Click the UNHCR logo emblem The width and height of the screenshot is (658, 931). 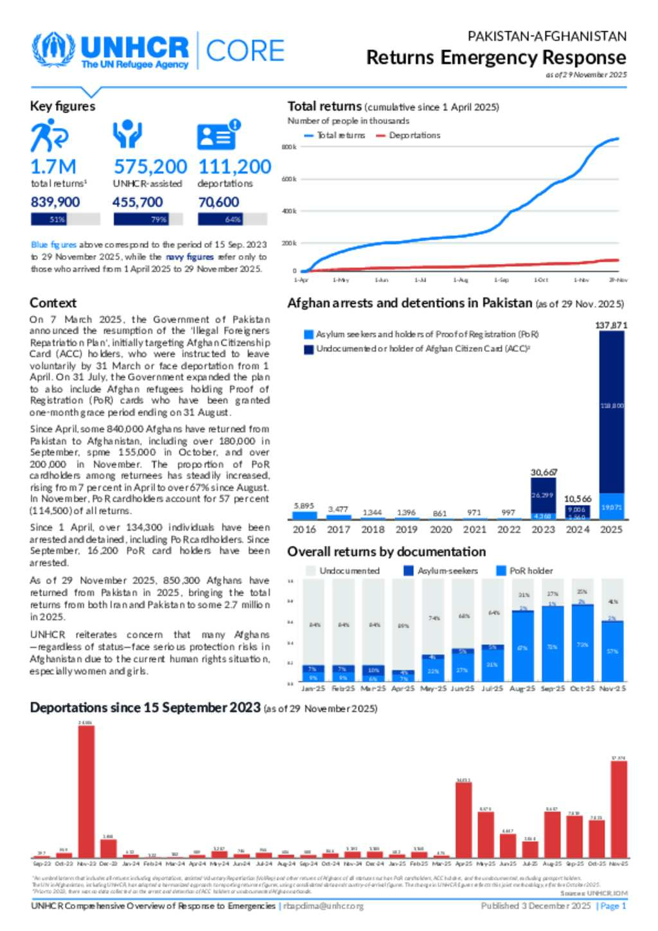coord(53,51)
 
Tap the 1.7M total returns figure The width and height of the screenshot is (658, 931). coord(53,167)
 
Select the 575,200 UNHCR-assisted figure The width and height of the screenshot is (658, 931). coord(150,167)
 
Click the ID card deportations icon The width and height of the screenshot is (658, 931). coord(217,135)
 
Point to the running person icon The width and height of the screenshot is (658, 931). coord(48,136)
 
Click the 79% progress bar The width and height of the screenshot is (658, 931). coord(148,220)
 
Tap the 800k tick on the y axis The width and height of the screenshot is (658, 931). coord(289,147)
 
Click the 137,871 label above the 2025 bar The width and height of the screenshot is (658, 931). coord(610,325)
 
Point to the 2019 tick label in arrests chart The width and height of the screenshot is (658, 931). coord(406,530)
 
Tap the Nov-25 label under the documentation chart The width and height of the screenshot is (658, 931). coord(612,689)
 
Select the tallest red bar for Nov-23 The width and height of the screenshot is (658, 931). coord(86,791)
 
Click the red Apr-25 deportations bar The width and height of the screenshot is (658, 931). coord(463,820)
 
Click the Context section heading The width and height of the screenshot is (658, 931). coord(53,303)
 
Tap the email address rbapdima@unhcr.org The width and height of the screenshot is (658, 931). coord(323,906)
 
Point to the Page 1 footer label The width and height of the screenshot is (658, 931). coord(612,906)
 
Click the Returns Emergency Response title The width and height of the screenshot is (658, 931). coord(496,58)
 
